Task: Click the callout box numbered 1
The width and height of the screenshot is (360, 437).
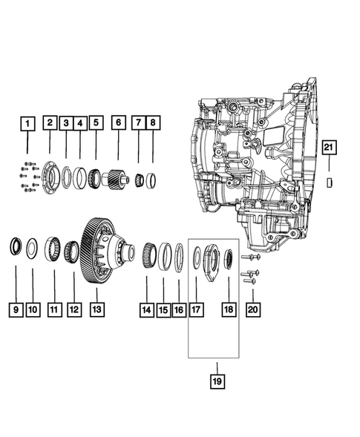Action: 27,123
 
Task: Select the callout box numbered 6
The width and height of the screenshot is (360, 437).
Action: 117,123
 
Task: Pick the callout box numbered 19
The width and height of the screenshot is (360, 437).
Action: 217,382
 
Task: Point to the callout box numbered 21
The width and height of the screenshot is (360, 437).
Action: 330,148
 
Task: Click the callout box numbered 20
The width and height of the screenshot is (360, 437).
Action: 253,307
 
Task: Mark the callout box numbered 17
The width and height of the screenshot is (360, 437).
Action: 197,307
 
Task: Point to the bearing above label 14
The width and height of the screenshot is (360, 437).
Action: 148,255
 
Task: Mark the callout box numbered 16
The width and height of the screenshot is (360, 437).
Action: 179,307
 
